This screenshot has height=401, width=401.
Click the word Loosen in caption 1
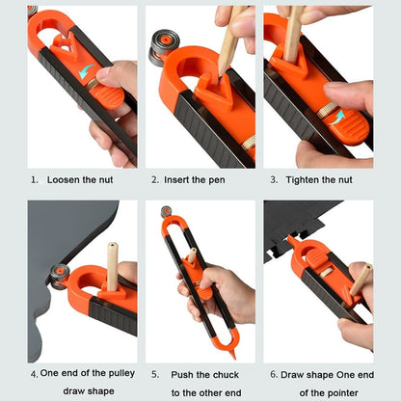tap(64, 179)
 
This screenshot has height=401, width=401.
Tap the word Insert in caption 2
tap(180, 179)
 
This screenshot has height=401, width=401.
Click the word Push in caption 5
tap(186, 373)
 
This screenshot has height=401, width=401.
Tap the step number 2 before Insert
tap(153, 179)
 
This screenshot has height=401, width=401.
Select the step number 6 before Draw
tap(273, 373)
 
